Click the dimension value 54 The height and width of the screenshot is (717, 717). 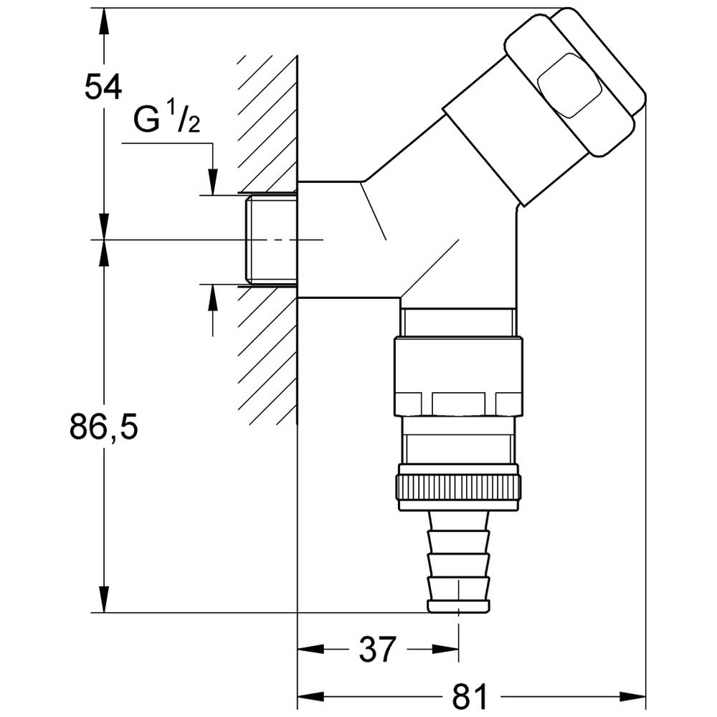[103, 87]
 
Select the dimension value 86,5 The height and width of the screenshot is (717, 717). [104, 427]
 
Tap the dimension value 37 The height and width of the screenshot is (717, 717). [377, 649]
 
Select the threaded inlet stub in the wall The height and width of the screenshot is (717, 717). [272, 240]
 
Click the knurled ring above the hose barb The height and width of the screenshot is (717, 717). [459, 488]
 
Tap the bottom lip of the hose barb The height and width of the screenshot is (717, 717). [459, 605]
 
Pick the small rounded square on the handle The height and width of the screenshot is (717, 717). [569, 85]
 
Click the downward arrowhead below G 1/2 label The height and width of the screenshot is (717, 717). [213, 182]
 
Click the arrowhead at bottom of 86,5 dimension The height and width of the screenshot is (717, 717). [104, 599]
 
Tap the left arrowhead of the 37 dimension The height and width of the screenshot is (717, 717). [311, 649]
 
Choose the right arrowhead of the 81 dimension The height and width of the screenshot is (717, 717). [632, 698]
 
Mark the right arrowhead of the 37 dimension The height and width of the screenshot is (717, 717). [445, 649]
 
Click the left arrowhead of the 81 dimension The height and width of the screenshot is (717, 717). [311, 698]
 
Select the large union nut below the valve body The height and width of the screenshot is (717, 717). [459, 376]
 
